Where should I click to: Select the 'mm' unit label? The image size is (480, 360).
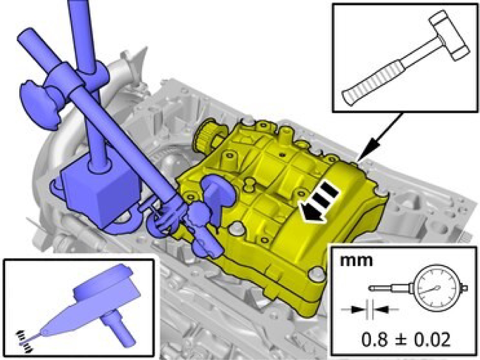[x=357, y=261]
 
